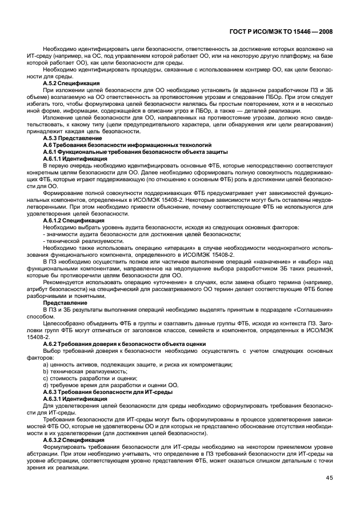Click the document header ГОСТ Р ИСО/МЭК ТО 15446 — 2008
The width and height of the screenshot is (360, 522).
pos(289,33)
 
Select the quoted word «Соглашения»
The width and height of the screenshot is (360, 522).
pos(312,309)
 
